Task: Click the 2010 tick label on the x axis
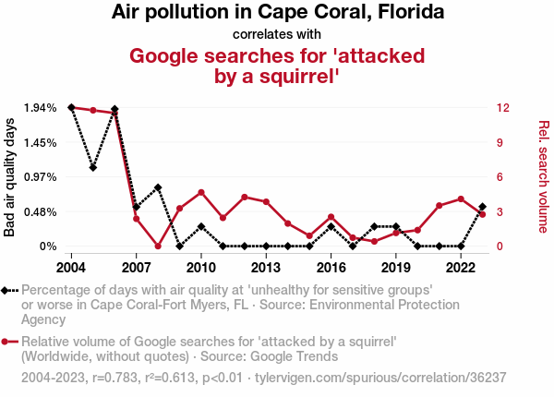point(201,267)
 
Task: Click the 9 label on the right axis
point(499,142)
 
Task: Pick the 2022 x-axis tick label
point(461,267)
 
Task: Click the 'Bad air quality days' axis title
point(10,177)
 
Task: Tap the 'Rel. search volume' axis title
point(544,177)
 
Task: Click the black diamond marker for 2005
point(93,167)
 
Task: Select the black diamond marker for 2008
point(158,187)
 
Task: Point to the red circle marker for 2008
point(158,247)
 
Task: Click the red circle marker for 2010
point(201,192)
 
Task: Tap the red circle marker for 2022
point(461,198)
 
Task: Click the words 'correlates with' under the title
point(277,34)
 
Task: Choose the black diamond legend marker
point(7,290)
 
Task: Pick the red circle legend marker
point(7,342)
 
